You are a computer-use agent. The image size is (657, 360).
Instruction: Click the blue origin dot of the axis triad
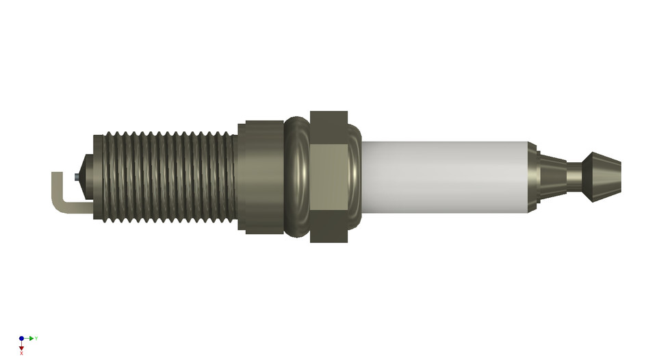(22, 338)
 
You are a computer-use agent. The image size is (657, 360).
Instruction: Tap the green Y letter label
(36, 338)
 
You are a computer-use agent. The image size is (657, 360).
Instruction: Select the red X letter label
(22, 354)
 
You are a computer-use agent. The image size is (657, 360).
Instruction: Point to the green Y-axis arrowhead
(31, 338)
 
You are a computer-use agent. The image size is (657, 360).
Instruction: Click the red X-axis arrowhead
(22, 348)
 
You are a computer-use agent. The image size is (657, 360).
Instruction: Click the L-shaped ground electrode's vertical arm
(57, 188)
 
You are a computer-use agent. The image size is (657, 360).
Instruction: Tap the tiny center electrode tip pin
(75, 178)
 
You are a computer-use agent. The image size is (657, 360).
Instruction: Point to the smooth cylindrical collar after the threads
(260, 177)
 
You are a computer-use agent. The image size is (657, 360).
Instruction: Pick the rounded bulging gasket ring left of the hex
(297, 177)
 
